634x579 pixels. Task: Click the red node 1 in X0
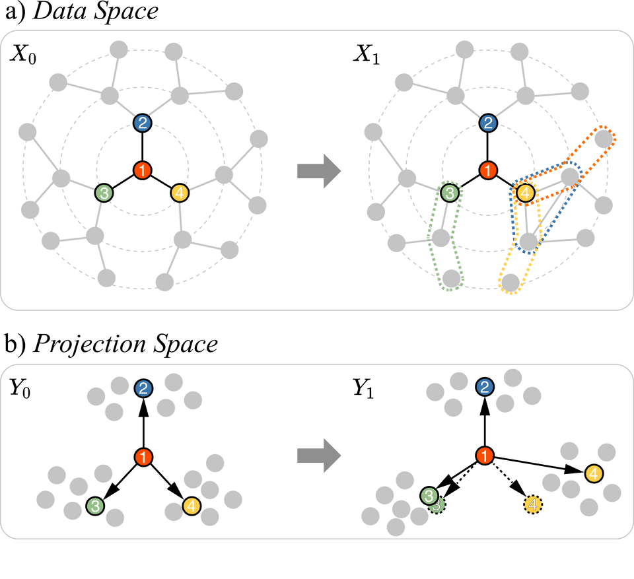(x=143, y=170)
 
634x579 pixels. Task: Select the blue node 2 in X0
(x=143, y=122)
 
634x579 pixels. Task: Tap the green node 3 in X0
(x=104, y=193)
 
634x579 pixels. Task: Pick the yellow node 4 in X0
(x=180, y=193)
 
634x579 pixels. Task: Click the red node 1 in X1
(x=487, y=170)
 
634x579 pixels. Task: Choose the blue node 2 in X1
(x=487, y=122)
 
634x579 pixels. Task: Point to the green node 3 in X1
(x=450, y=193)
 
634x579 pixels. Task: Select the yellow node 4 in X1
(x=524, y=193)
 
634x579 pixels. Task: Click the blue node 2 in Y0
(x=143, y=389)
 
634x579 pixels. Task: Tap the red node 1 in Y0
(x=143, y=456)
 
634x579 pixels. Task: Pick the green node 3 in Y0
(x=96, y=506)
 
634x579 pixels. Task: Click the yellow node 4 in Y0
(x=190, y=506)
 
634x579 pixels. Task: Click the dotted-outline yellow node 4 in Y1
(x=533, y=505)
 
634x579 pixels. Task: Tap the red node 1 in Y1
(x=485, y=456)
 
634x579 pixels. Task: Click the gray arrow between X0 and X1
(x=318, y=171)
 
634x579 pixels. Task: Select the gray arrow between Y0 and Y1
(x=318, y=456)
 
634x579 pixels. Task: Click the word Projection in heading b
(x=73, y=345)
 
